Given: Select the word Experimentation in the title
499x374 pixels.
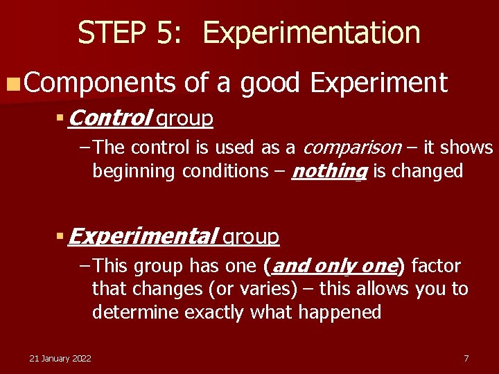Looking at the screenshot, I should pyautogui.click(x=311, y=33).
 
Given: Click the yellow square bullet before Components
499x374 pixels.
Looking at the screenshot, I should pyautogui.click(x=12, y=84).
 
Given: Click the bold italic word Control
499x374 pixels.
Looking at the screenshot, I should pyautogui.click(x=110, y=118).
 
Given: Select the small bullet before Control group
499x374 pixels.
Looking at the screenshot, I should pyautogui.click(x=60, y=119).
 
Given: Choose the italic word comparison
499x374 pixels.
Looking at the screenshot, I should pyautogui.click(x=352, y=148).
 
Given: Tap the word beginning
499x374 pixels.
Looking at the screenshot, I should pyautogui.click(x=134, y=172).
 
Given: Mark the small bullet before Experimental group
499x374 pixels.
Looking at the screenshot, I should pyautogui.click(x=60, y=238).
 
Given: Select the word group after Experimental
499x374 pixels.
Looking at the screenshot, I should pyautogui.click(x=250, y=238).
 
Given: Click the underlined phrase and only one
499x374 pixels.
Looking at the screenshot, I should pyautogui.click(x=334, y=266).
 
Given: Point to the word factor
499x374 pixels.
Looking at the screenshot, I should pyautogui.click(x=435, y=266).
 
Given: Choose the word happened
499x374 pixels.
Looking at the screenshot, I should pyautogui.click(x=340, y=312).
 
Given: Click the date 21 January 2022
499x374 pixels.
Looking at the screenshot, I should pyautogui.click(x=60, y=358).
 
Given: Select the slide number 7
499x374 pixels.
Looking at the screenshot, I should pyautogui.click(x=466, y=358).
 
